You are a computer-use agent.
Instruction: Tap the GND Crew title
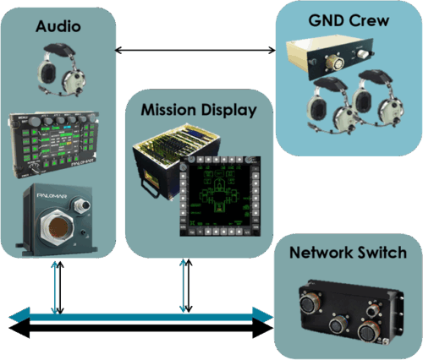click(x=348, y=19)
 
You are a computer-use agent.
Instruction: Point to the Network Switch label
click(x=348, y=253)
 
